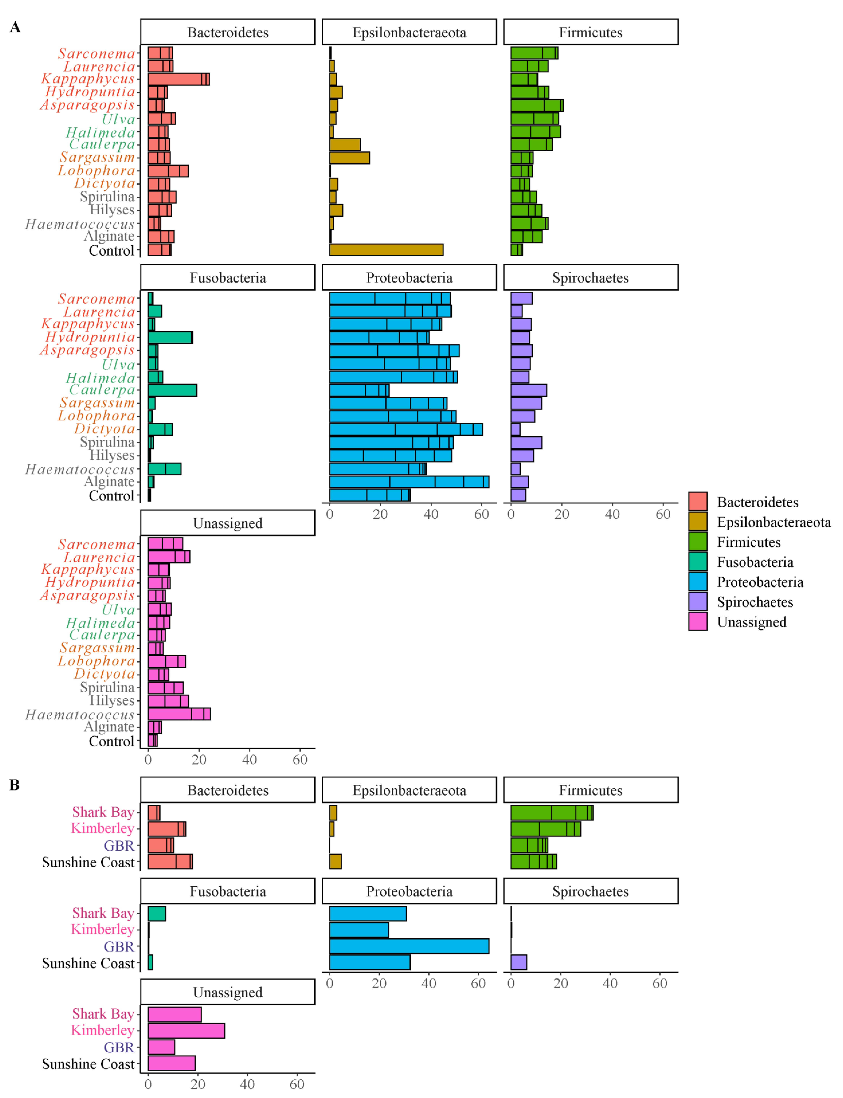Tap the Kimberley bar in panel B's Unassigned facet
point(186,1031)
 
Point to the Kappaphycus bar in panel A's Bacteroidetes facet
point(178,79)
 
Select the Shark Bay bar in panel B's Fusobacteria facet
point(157,913)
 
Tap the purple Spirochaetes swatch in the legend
point(697,601)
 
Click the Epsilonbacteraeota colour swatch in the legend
point(697,522)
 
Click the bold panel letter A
point(15,27)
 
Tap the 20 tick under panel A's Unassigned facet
point(199,759)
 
